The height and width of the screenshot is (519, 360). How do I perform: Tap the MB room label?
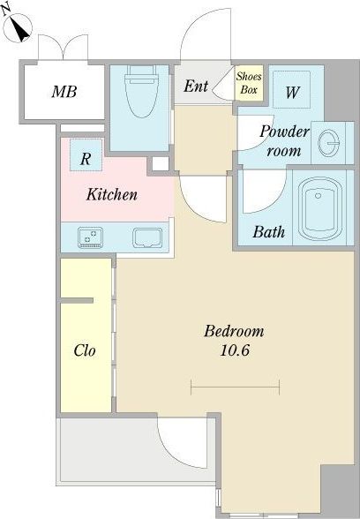[x=64, y=92]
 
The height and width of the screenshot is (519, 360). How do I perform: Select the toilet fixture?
[x=141, y=91]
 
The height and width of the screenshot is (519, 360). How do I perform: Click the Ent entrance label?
[x=196, y=86]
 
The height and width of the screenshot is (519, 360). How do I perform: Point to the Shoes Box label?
[x=249, y=83]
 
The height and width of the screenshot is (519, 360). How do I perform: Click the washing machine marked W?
[x=291, y=89]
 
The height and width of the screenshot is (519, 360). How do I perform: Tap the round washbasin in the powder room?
[x=328, y=143]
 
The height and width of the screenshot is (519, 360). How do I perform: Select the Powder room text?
[x=284, y=141]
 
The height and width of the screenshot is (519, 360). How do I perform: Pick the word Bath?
[x=268, y=231]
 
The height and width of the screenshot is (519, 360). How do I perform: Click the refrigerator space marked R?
[x=86, y=154]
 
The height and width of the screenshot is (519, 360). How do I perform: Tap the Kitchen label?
[x=112, y=194]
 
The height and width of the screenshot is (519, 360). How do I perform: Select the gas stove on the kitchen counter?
[x=90, y=237]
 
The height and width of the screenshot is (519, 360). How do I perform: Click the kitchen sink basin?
[x=147, y=237]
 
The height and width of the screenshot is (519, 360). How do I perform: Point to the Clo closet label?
[x=85, y=350]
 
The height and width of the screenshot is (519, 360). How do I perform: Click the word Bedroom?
[x=234, y=331]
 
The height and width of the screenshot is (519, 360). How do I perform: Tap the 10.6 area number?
[x=235, y=350]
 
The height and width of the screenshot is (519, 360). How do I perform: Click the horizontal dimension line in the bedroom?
[x=236, y=387]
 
